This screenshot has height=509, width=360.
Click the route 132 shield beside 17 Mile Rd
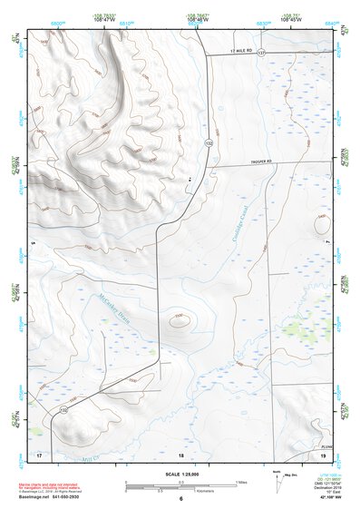pos(261,54)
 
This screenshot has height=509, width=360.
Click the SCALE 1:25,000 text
pos(180,474)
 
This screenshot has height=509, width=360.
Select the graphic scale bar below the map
pos(180,485)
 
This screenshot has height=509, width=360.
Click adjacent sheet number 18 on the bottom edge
pos(180,453)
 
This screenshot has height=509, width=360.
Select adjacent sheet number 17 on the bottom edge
pos(39,453)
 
